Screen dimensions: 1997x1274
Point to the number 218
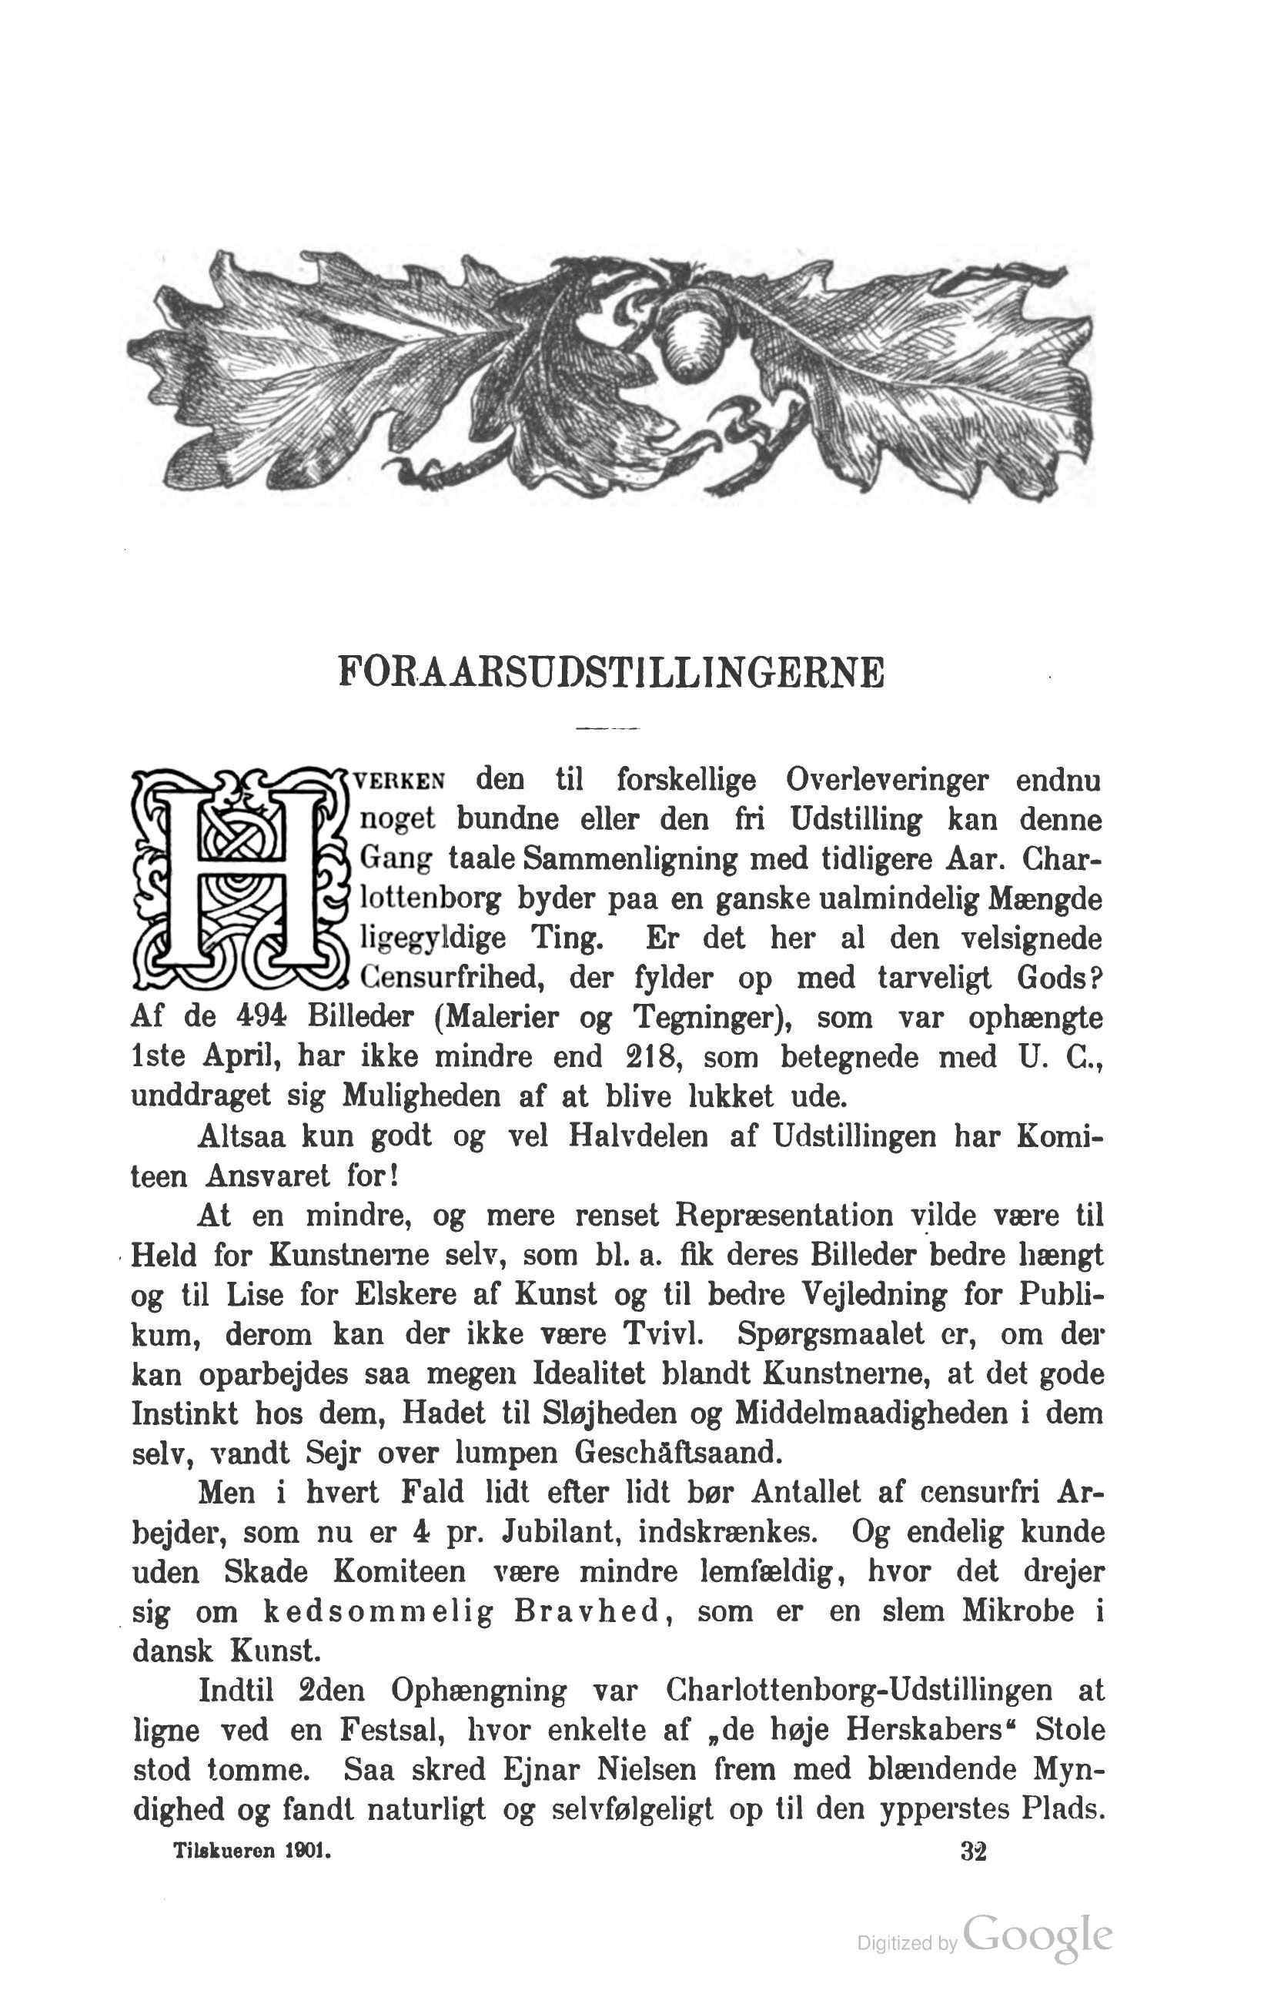point(648,1057)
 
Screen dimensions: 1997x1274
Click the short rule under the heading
point(607,729)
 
